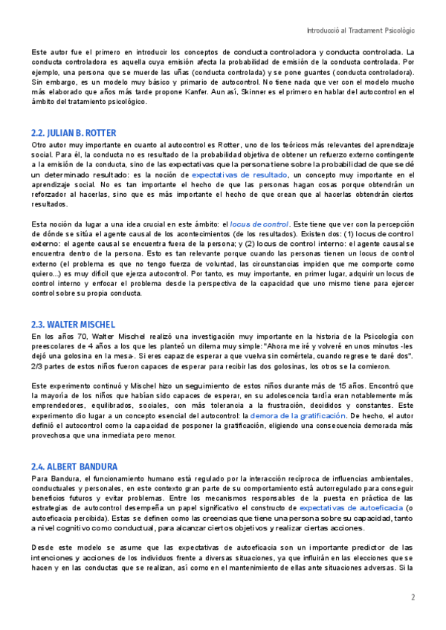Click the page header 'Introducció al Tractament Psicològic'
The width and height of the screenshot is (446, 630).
[x=361, y=30]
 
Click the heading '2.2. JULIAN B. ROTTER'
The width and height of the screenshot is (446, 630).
[x=74, y=133]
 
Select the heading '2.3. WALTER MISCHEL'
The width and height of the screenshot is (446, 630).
[x=73, y=325]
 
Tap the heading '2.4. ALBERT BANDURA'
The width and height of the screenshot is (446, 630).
[x=73, y=467]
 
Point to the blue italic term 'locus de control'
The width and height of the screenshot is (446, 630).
[x=259, y=224]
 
